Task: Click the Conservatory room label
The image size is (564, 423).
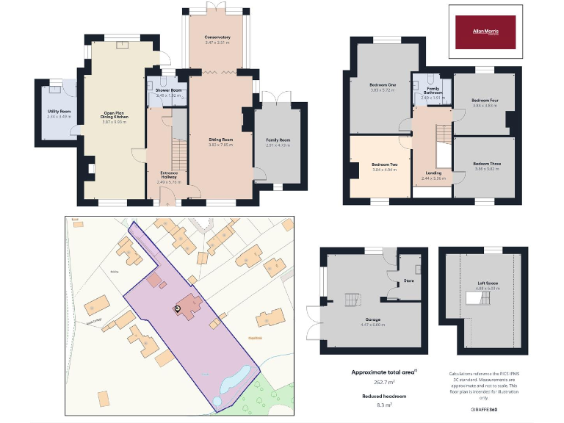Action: pyautogui.click(x=217, y=37)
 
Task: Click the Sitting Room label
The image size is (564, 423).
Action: pyautogui.click(x=220, y=139)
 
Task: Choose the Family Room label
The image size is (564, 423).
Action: pyautogui.click(x=278, y=140)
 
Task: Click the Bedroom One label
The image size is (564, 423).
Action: pyautogui.click(x=382, y=86)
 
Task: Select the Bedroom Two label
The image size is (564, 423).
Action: pyautogui.click(x=384, y=164)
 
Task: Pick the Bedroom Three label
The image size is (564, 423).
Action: pyautogui.click(x=487, y=164)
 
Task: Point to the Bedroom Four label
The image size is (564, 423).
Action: pyautogui.click(x=485, y=101)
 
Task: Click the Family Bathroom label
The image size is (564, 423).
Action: pyautogui.click(x=433, y=90)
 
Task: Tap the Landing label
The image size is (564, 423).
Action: pyautogui.click(x=433, y=173)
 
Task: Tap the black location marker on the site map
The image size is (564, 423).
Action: pyautogui.click(x=177, y=308)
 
